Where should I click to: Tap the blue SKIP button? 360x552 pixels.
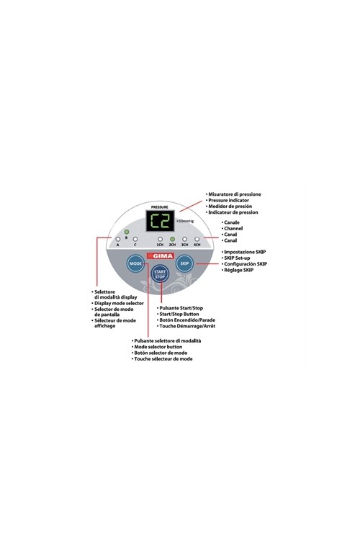click(184, 263)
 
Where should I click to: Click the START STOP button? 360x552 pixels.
click(160, 274)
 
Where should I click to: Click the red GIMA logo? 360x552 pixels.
click(161, 256)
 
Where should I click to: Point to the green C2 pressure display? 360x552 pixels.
click(161, 221)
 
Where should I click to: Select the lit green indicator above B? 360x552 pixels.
click(127, 232)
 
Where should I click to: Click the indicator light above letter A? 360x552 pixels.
click(118, 240)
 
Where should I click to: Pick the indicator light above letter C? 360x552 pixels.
click(135, 240)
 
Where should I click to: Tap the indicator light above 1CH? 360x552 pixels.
click(160, 240)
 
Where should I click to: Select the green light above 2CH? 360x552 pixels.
click(172, 240)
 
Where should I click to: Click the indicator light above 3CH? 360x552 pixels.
click(184, 240)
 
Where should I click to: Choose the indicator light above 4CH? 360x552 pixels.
click(197, 240)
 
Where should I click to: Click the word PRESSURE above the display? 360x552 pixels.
click(160, 207)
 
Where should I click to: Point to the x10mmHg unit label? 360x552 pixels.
click(185, 221)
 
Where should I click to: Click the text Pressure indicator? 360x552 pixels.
click(228, 200)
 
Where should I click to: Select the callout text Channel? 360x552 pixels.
click(233, 228)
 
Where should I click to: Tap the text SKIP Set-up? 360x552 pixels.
click(237, 258)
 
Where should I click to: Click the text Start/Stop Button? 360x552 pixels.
click(179, 314)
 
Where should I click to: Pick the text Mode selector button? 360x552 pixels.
click(158, 347)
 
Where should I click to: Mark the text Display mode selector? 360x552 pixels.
click(119, 303)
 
